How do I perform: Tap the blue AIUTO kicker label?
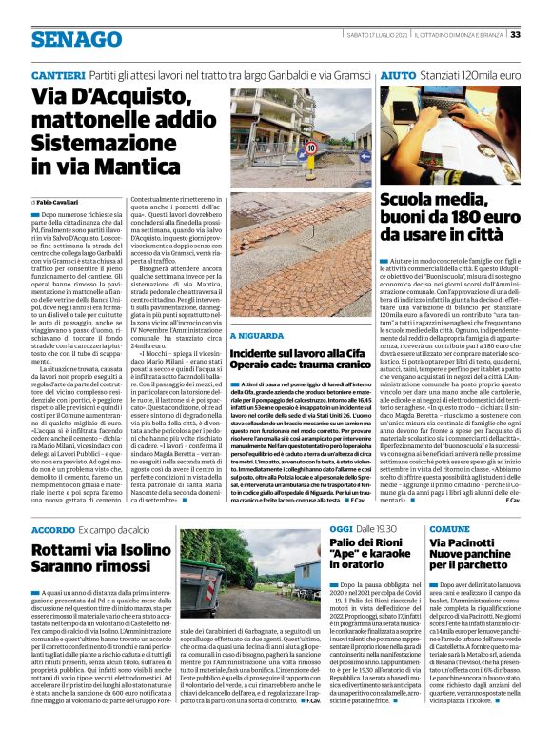[397, 73]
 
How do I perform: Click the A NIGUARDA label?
[256, 308]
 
